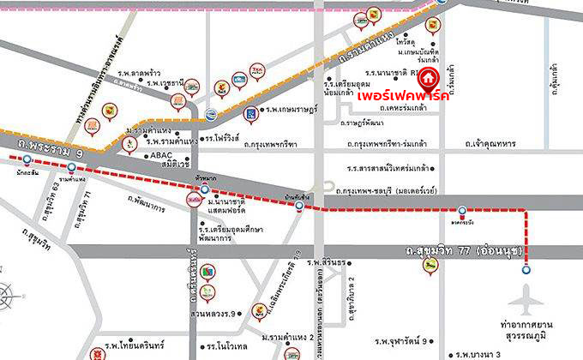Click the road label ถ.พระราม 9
[x=40, y=150]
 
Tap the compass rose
[x=9, y=299]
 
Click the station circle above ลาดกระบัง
[x=463, y=211]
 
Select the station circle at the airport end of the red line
[x=526, y=268]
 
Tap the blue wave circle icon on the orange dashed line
[x=213, y=111]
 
